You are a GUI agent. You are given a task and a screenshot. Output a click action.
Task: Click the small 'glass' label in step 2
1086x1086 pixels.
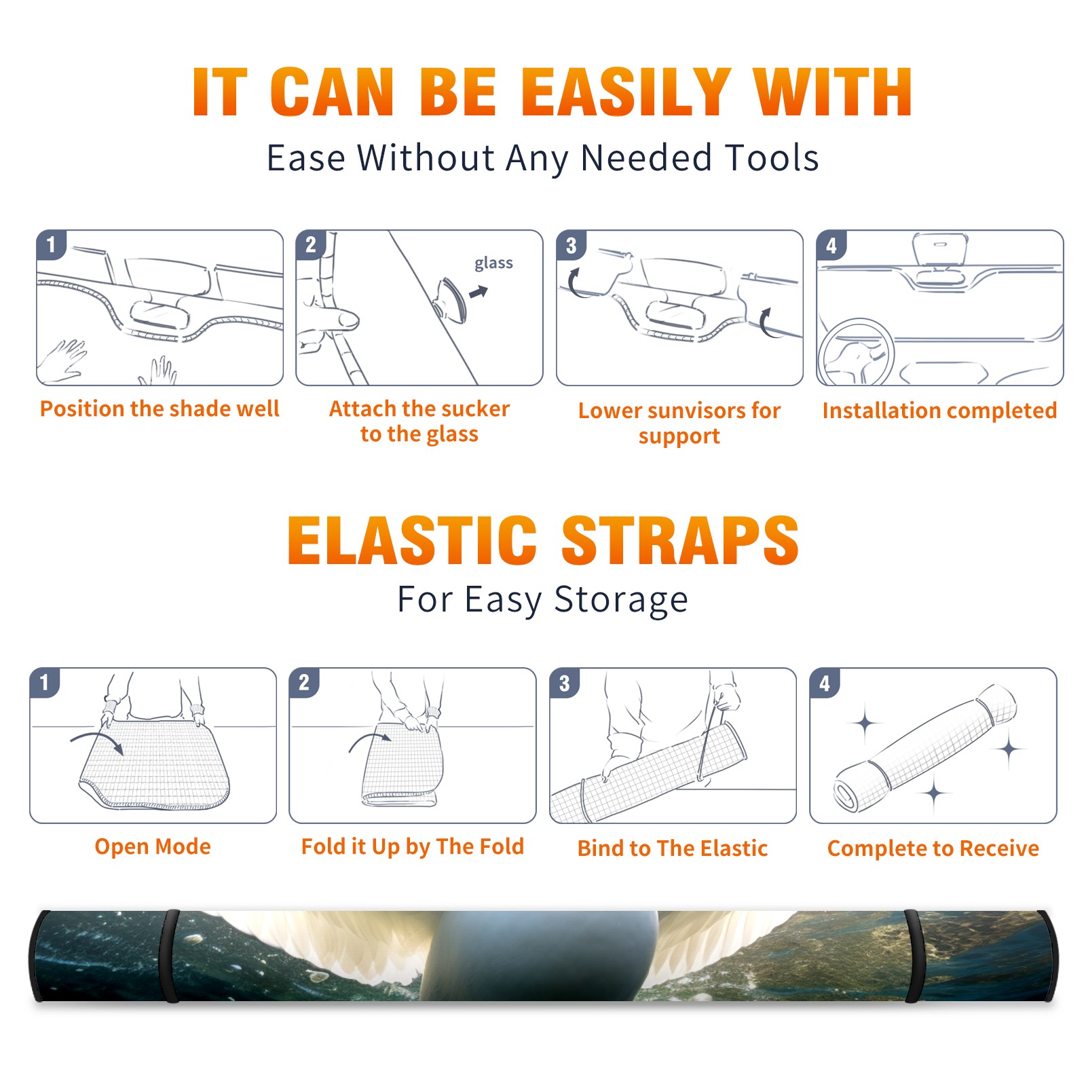[493, 263]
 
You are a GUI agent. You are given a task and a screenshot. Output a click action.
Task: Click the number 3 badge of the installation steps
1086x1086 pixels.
[571, 246]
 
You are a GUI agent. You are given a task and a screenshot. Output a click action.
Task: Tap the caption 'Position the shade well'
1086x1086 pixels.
[160, 409]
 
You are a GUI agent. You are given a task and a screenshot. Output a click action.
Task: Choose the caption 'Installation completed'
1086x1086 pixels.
[939, 410]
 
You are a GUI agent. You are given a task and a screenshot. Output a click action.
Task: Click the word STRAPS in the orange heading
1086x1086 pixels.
[680, 540]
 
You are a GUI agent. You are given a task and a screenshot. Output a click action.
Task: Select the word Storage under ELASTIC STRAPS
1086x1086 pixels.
[621, 600]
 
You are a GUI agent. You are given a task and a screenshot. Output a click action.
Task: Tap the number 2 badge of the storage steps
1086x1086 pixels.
[304, 682]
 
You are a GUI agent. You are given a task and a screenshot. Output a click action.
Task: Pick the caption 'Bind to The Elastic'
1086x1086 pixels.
[672, 848]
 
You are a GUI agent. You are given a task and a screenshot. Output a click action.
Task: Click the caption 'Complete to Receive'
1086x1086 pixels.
[933, 848]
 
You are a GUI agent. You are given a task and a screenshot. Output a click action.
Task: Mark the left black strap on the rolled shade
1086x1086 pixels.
[170, 956]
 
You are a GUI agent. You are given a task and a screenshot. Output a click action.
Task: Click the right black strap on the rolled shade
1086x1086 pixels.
[913, 956]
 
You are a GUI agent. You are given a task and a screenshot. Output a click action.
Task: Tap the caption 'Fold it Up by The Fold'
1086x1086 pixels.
[413, 846]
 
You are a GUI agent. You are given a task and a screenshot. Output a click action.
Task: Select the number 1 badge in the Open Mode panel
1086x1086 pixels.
[45, 682]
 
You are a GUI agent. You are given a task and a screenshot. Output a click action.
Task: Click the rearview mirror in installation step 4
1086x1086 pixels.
[940, 250]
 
